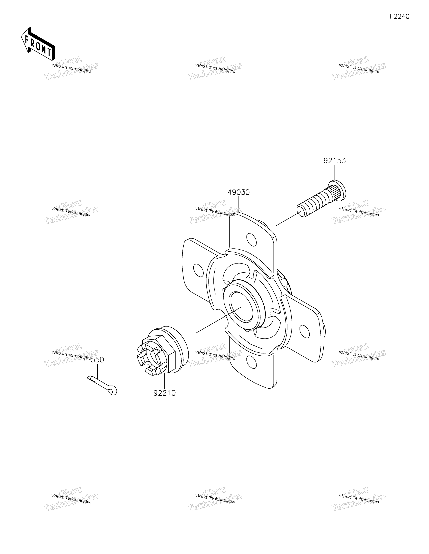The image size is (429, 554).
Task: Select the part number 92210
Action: point(165,393)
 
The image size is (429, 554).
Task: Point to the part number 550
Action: point(97,360)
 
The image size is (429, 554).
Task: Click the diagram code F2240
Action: point(400,16)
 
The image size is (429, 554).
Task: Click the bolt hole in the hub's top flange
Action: point(251,239)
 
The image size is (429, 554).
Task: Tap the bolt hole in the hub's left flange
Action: point(198,270)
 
